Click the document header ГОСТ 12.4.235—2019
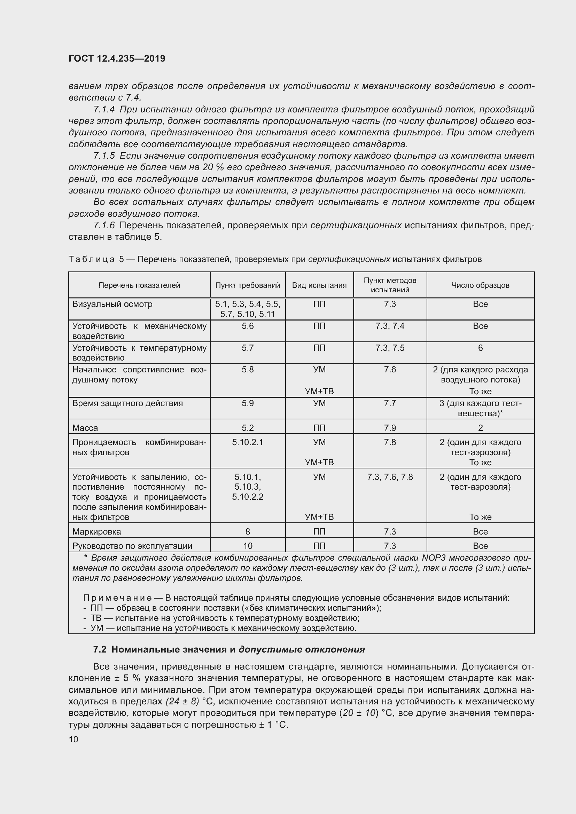point(117,58)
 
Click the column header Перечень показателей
point(139,285)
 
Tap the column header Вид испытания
point(319,285)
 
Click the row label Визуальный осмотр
point(112,304)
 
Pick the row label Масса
point(85,428)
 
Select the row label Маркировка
point(96,531)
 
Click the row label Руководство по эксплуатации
point(132,546)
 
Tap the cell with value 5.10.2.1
point(248,442)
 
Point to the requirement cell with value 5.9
point(248,403)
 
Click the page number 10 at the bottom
point(73,739)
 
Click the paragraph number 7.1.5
point(104,156)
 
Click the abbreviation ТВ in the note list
point(96,618)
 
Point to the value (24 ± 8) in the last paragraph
point(182,701)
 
